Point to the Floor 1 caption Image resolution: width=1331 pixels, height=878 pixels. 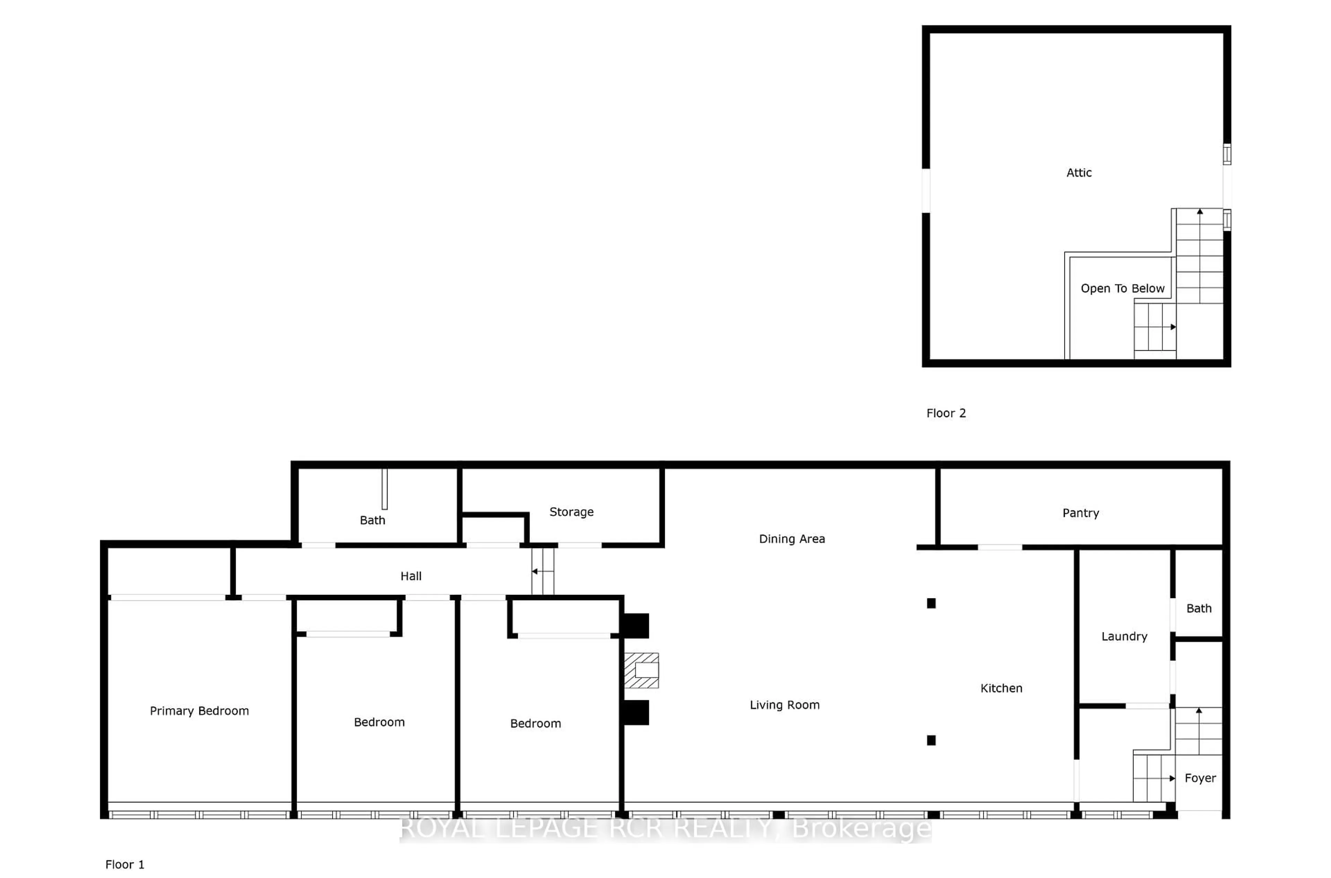point(124,864)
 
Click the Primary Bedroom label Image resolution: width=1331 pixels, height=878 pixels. point(199,711)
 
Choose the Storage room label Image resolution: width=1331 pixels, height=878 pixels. point(571,512)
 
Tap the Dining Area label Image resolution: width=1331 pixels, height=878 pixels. point(792,539)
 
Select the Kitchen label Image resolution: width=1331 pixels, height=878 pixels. point(1001,688)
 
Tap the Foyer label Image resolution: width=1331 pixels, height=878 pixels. point(1200,778)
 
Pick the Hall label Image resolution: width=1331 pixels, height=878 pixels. point(411,576)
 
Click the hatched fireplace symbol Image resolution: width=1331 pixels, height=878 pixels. point(642,670)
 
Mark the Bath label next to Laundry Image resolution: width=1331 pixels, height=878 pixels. point(1199,608)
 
